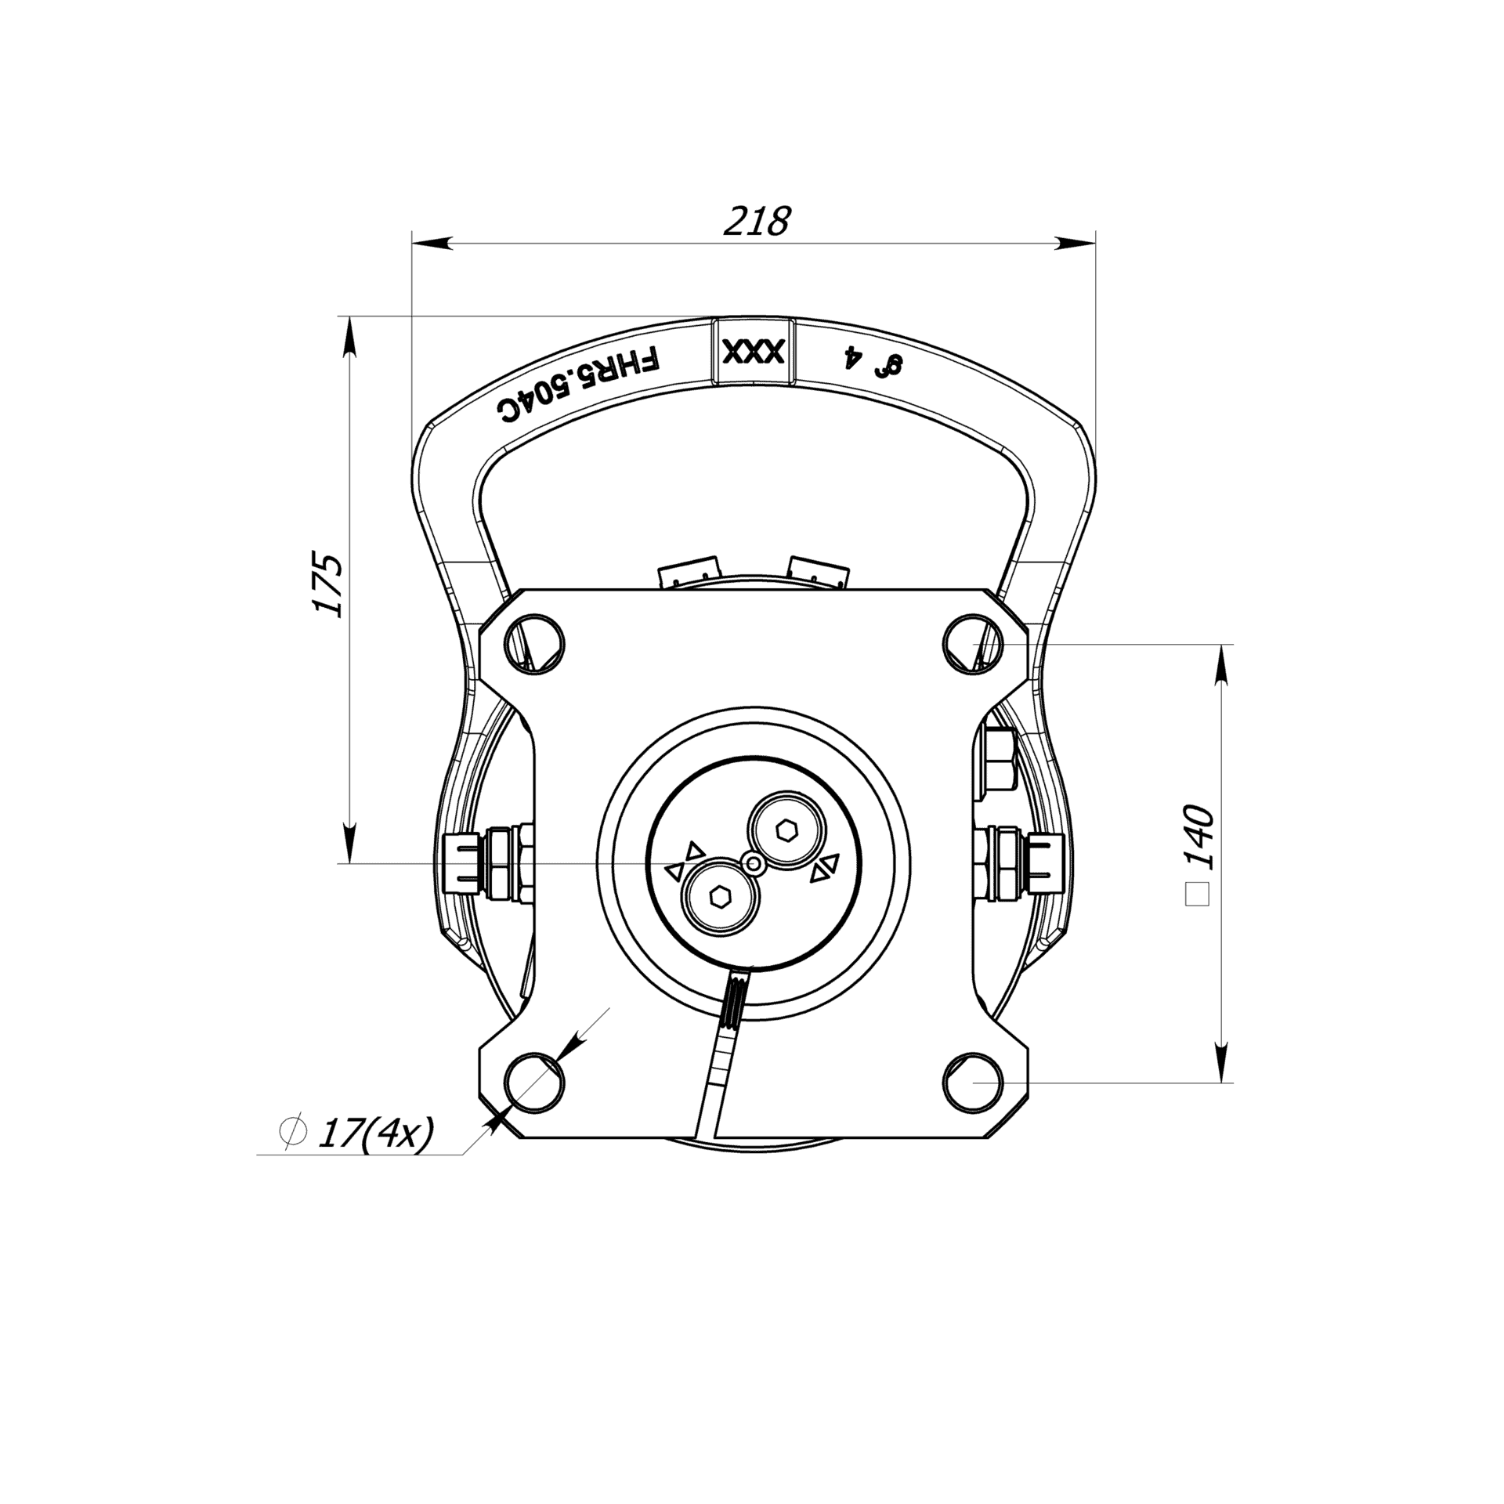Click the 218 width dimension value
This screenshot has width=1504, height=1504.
756,222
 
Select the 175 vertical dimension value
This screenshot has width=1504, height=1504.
327,584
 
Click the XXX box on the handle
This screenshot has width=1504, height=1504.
753,351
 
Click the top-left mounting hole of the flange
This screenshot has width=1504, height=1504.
536,643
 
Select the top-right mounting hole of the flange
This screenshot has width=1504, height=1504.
972,643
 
